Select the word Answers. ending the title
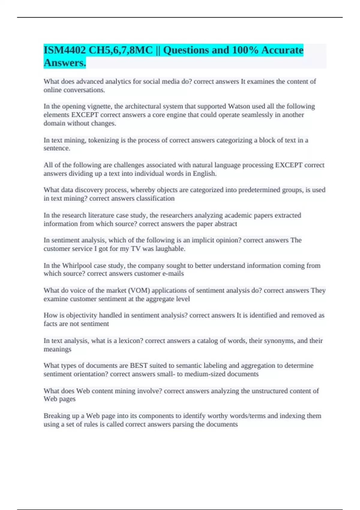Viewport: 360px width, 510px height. (x=65, y=63)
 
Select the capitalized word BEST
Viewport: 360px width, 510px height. (x=139, y=366)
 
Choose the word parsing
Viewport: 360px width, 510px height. (x=183, y=424)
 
